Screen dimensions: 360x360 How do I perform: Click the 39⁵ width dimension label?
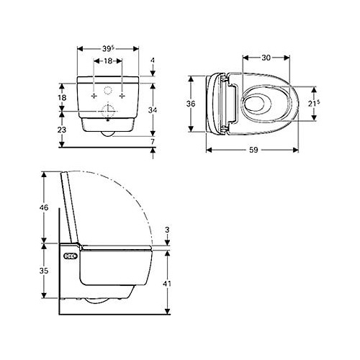tap(109, 49)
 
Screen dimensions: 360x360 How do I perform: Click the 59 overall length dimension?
tap(253, 150)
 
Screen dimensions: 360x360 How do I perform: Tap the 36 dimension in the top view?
tap(191, 104)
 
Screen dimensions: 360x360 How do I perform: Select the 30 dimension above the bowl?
tap(266, 58)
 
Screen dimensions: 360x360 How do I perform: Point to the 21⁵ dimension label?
tap(314, 104)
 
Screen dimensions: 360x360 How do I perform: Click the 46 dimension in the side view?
tap(44, 207)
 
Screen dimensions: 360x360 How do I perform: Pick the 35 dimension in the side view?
tap(44, 271)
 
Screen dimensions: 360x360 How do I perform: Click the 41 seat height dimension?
tap(167, 284)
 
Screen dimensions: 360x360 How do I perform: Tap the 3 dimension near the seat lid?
tap(167, 230)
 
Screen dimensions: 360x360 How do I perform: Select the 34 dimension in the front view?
tap(153, 110)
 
